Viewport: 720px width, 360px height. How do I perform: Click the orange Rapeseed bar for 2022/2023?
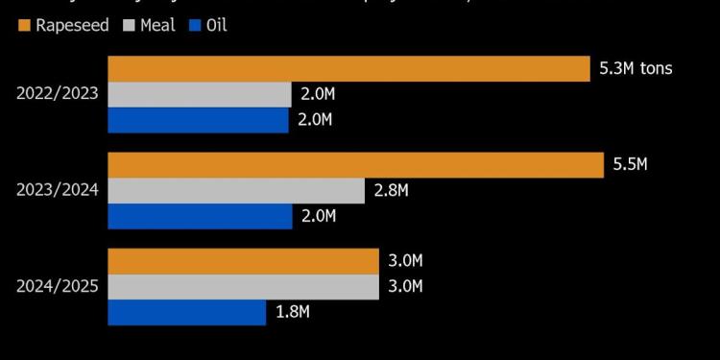(348, 69)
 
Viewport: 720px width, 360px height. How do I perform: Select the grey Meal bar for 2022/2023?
(200, 94)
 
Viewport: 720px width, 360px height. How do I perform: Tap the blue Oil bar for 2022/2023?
(198, 120)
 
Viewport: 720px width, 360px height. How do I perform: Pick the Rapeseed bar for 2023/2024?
(354, 165)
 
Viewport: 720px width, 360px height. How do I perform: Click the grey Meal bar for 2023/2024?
(236, 190)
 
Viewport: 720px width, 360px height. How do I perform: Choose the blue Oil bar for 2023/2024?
(200, 216)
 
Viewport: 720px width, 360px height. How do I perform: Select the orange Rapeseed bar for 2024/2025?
(243, 261)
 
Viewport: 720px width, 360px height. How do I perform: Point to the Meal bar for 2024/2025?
(243, 287)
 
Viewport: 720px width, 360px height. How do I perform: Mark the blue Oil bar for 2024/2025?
(186, 312)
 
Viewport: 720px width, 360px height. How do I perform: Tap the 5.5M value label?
(631, 165)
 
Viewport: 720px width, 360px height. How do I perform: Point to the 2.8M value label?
(393, 190)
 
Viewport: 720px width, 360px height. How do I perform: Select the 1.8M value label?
(293, 312)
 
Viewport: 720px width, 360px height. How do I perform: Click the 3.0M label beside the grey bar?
(406, 287)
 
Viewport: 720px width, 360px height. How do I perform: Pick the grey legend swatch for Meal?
(128, 25)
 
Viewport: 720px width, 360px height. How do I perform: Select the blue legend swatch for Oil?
(194, 25)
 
